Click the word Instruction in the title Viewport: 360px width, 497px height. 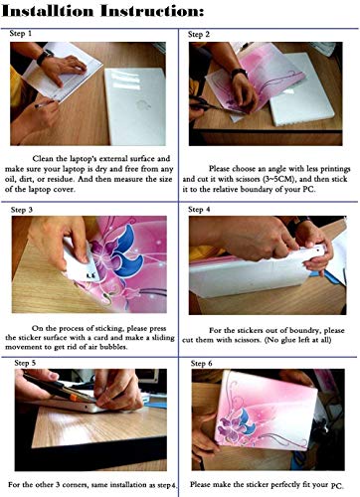[151, 11]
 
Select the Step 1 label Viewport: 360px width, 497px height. [21, 34]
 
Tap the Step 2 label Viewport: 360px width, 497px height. [199, 34]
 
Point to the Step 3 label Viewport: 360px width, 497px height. [22, 210]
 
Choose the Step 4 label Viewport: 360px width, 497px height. [199, 210]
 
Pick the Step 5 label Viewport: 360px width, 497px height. [25, 363]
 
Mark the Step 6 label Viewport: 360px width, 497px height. [201, 364]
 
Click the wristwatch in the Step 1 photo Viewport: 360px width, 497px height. [45, 57]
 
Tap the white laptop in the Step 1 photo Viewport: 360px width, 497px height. [135, 106]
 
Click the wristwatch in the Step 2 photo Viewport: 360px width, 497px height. [239, 74]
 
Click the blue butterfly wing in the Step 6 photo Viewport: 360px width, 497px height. [245, 419]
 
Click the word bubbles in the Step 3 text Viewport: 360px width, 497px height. [114, 348]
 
